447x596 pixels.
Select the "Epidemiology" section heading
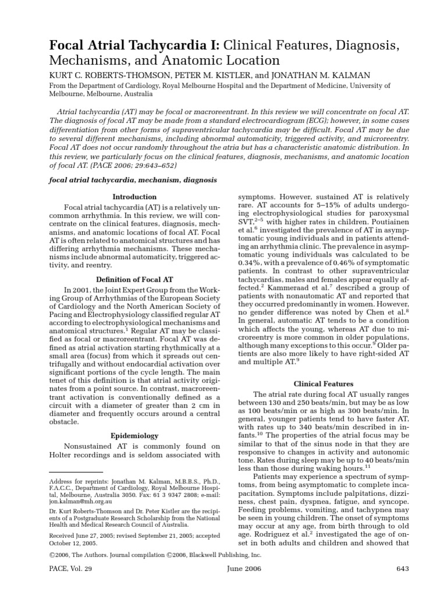point(134,435)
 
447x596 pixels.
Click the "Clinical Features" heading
point(324,384)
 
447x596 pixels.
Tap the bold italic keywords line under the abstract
point(133,180)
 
